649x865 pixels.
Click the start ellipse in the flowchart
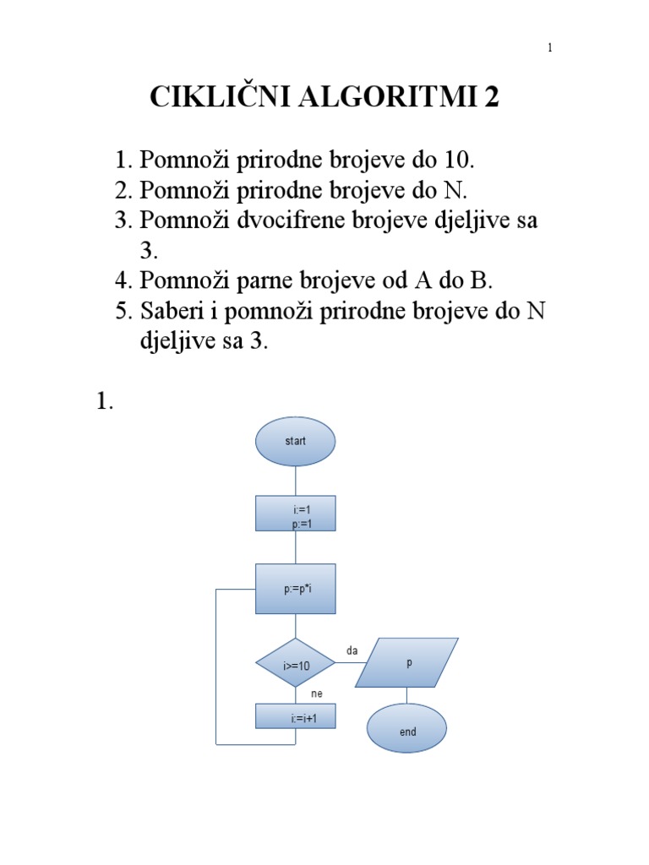295,441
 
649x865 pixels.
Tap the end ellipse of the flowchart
407,732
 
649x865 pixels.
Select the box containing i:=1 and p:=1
295,513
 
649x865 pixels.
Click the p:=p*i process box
295,588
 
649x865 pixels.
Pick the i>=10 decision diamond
295,665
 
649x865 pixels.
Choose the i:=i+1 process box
295,717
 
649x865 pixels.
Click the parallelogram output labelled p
409,662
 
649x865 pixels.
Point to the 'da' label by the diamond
352,650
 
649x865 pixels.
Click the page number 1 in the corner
550,47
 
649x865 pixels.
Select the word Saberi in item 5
172,312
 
